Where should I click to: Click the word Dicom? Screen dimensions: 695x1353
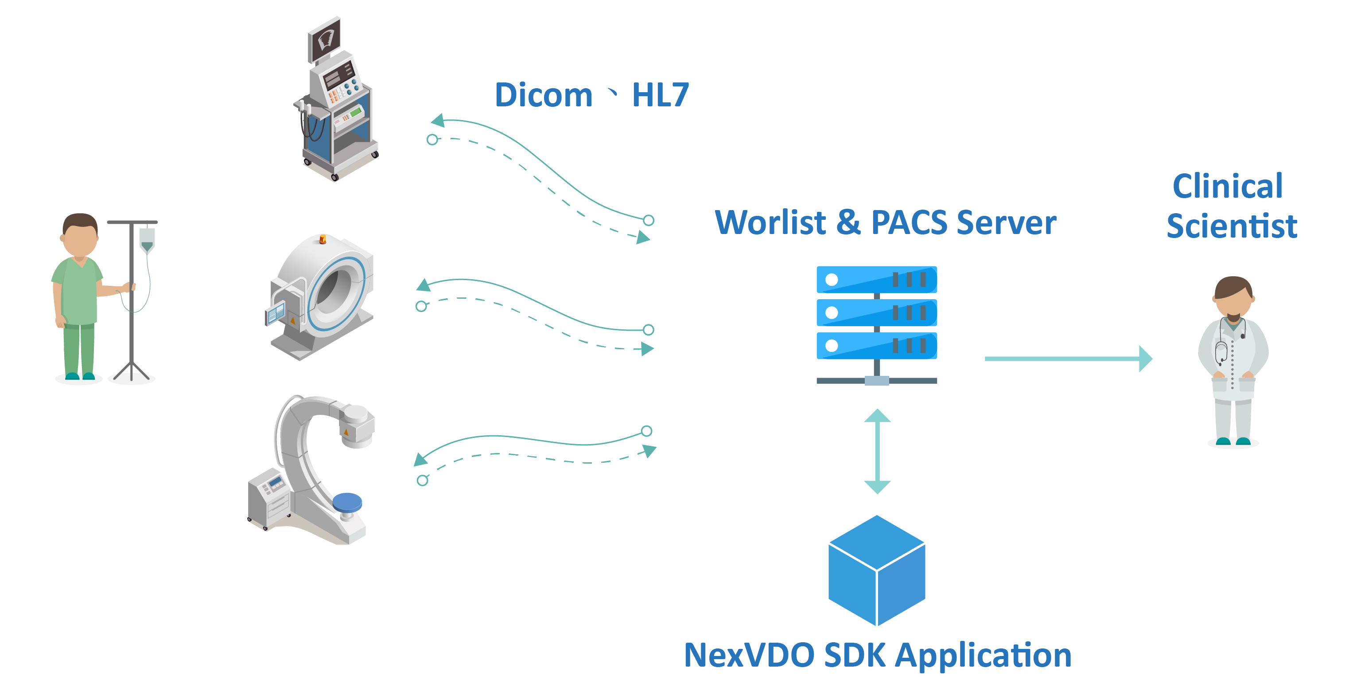(x=543, y=95)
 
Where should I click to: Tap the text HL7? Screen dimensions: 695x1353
(x=660, y=95)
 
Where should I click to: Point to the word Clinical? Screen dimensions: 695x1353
(x=1228, y=186)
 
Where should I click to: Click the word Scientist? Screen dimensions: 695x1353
(x=1232, y=226)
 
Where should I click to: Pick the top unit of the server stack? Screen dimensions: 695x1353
(x=876, y=280)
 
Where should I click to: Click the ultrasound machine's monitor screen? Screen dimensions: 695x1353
(x=325, y=38)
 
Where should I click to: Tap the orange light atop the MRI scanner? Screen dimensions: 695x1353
(x=323, y=239)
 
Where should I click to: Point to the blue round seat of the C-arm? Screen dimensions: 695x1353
(x=347, y=502)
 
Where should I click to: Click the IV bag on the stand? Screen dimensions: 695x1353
(x=147, y=239)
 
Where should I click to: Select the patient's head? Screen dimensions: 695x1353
(x=80, y=234)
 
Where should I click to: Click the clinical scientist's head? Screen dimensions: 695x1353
(x=1233, y=297)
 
